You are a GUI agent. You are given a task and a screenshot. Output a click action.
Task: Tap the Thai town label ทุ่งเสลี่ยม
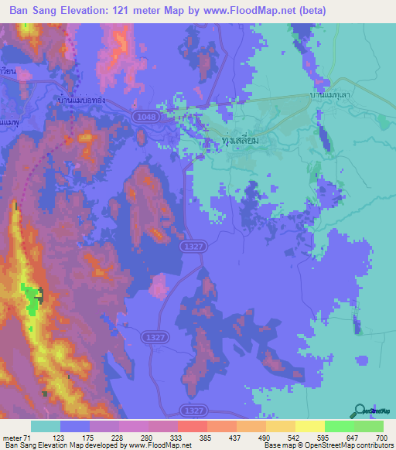click(x=233, y=141)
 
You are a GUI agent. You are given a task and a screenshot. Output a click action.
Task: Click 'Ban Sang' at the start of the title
click(x=30, y=10)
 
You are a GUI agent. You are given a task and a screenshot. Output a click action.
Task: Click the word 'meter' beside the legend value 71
click(x=12, y=437)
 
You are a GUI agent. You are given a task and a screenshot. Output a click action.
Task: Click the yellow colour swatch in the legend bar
click(x=309, y=426)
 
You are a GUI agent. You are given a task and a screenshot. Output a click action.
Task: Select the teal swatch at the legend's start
click(x=46, y=426)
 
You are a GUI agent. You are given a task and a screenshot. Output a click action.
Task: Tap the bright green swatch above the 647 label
click(x=339, y=426)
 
